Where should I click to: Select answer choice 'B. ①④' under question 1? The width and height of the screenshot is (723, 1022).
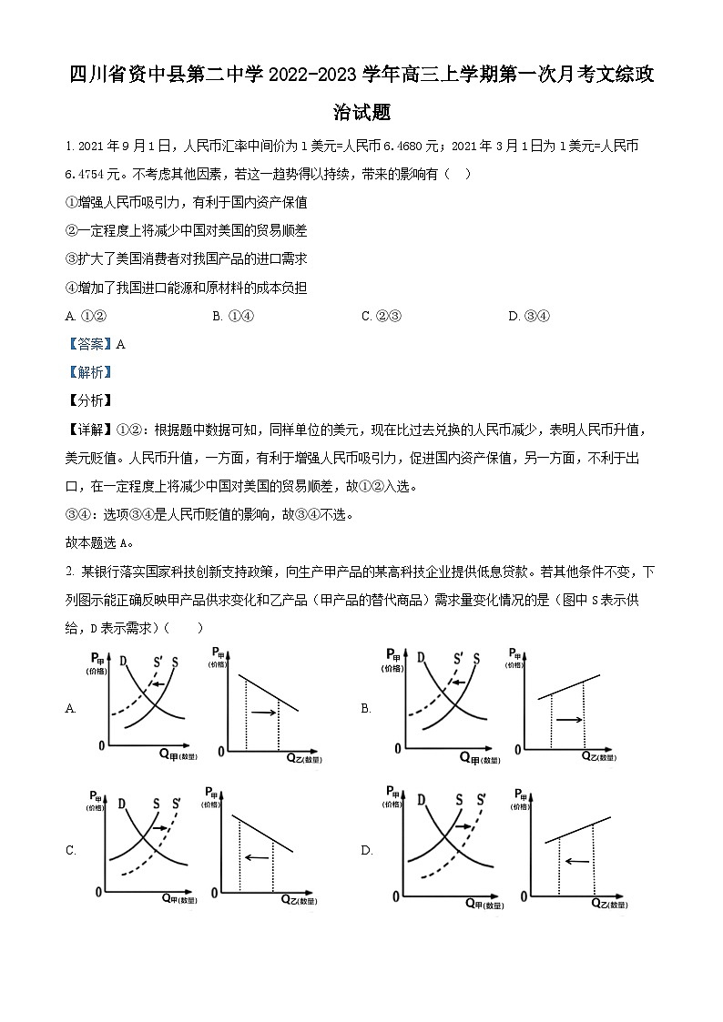tap(231, 317)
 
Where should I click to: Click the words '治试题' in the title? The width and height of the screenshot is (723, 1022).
tap(361, 112)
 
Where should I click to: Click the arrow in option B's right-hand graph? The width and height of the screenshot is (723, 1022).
tap(569, 720)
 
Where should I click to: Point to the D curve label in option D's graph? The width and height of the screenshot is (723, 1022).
tap(421, 801)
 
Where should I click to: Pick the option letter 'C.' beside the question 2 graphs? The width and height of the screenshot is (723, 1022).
tap(71, 851)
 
